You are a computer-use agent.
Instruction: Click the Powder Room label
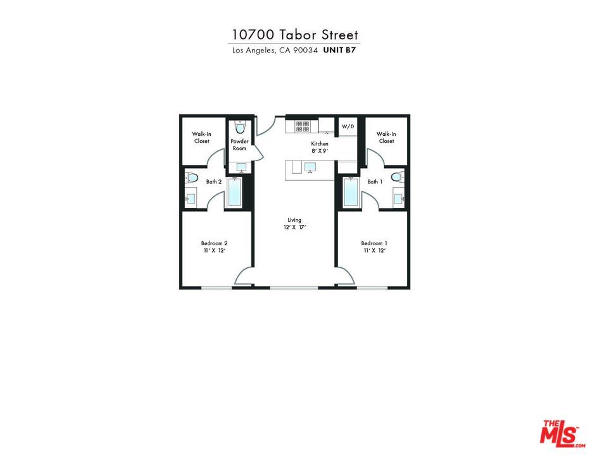pos(239,145)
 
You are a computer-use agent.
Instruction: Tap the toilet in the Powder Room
pos(239,125)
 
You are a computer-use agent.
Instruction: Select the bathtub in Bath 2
pos(234,192)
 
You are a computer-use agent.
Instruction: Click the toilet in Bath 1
pos(397,178)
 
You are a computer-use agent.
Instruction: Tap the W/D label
pos(348,126)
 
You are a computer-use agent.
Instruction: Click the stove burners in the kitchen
pos(302,126)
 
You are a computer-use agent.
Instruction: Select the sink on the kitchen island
pos(310,167)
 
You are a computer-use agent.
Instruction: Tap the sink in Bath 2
pos(191,198)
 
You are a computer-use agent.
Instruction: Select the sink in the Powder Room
pos(241,167)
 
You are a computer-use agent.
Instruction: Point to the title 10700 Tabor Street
pos(295,34)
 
